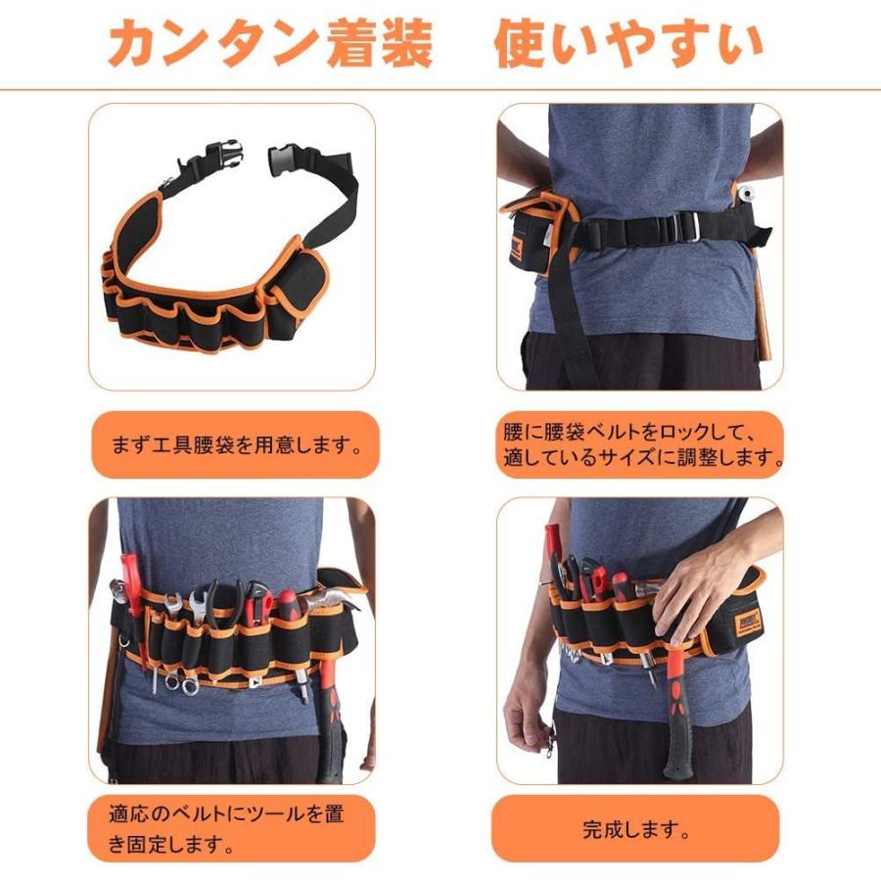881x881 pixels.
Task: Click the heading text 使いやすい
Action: pos(627,44)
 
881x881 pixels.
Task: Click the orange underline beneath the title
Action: pos(440,89)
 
